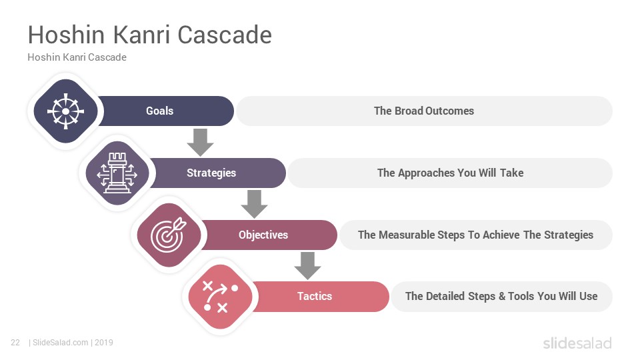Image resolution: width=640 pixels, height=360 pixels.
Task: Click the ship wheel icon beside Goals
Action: pos(66,111)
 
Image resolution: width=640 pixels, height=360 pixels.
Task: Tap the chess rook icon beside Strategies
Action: pos(117,173)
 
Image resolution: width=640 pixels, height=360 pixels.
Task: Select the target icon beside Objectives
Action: pos(169,235)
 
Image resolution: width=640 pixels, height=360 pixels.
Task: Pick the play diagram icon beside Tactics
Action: pos(221,296)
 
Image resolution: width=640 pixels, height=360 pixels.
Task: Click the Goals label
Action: pos(159,111)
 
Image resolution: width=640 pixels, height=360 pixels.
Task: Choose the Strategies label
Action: pos(211,173)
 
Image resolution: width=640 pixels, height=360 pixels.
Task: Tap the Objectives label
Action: pos(263,235)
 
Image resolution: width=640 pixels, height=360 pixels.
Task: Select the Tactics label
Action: pos(315,296)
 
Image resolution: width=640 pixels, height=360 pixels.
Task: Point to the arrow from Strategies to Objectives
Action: pos(254,204)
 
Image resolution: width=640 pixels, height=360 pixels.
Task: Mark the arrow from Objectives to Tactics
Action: pos(307,266)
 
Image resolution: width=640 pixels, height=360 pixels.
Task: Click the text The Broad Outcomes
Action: pos(424,111)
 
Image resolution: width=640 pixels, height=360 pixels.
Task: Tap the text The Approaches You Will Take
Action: pos(450,173)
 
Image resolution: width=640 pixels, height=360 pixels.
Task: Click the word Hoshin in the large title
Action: pos(66,35)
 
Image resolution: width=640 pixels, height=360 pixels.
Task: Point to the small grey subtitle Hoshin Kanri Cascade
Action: pos(77,57)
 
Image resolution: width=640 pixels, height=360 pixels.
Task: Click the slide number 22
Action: pos(15,343)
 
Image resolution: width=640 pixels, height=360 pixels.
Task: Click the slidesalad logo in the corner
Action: pos(577,343)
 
